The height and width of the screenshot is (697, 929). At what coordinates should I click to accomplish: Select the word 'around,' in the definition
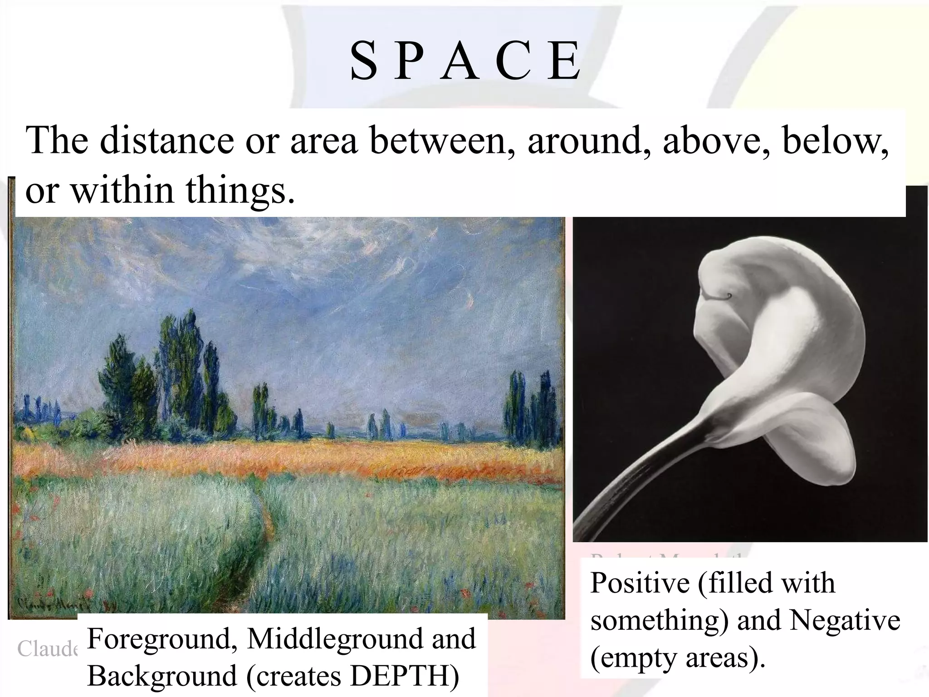pyautogui.click(x=589, y=140)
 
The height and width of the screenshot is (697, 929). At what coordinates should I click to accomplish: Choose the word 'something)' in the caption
pyautogui.click(x=660, y=621)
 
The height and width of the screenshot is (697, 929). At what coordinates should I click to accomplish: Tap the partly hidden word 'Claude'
pyautogui.click(x=47, y=649)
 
